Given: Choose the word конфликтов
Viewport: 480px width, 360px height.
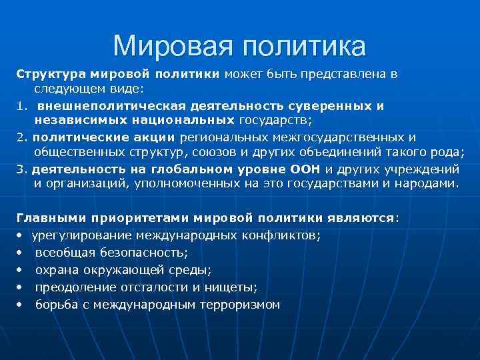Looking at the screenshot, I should pos(285,235).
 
